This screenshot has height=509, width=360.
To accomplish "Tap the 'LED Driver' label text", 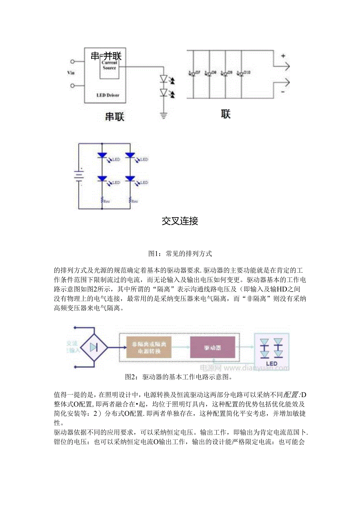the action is tap(108, 95).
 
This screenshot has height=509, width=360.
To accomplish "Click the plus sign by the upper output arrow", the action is tap(283, 56).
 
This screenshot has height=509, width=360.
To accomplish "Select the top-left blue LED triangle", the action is tap(102, 155).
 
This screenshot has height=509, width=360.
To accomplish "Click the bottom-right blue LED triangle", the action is tap(130, 178).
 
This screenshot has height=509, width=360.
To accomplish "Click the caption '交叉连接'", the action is tap(180, 221).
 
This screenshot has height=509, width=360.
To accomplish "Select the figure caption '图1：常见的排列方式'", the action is tap(180, 254).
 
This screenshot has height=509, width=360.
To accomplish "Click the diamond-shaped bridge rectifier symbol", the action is tap(94, 347).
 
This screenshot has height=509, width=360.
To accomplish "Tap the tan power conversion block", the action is tap(149, 347).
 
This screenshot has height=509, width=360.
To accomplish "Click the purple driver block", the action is tap(212, 347).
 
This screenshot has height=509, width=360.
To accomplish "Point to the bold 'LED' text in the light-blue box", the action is tap(272, 363).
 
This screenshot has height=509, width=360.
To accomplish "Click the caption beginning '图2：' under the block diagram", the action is tap(178, 377).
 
